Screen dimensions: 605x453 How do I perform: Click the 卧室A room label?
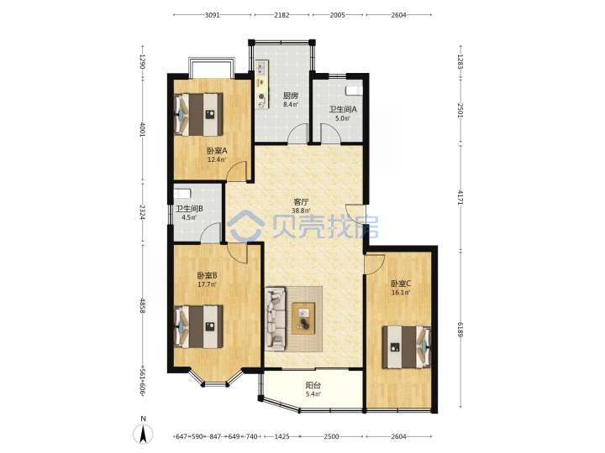217,151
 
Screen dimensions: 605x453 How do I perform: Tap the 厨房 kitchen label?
290,96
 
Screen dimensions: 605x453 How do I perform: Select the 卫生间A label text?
343,109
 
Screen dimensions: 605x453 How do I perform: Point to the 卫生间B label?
189,209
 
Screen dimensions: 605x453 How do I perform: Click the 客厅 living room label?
301,202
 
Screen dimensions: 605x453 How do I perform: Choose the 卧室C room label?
401,284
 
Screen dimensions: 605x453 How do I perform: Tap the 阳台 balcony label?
313,385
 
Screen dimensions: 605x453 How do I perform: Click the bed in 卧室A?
198,114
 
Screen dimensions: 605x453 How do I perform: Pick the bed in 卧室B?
198,326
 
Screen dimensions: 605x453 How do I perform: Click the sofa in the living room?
276,319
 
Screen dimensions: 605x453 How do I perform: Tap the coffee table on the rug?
303,318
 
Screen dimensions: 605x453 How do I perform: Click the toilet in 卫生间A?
354,91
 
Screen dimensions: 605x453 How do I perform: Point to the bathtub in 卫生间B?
182,194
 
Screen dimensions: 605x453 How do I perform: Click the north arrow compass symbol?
143,435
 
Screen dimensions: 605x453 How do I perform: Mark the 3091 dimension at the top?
213,15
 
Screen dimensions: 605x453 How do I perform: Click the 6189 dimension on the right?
460,330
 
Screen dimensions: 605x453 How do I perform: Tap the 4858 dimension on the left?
143,305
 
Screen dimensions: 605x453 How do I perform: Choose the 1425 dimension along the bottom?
281,436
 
